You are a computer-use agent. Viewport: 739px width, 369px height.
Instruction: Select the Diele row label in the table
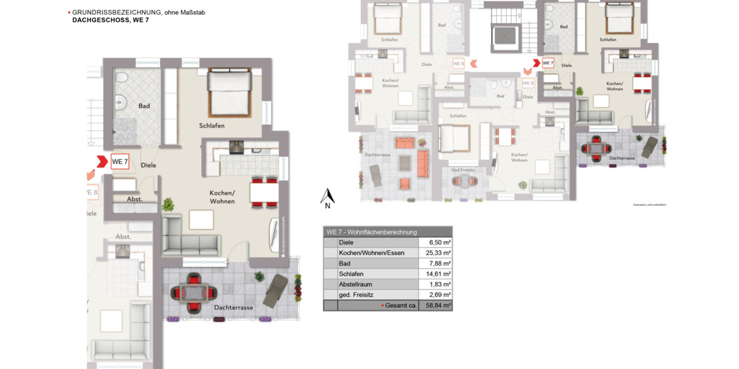tap(346, 242)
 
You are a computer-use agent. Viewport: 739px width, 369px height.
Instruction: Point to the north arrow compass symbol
tap(328, 197)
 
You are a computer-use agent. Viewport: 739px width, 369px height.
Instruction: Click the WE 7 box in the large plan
tap(119, 162)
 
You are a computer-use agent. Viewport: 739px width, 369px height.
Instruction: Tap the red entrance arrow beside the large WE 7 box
tap(99, 162)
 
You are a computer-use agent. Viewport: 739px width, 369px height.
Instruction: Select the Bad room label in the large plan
tap(144, 106)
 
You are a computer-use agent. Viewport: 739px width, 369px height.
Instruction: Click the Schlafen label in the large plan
tap(211, 125)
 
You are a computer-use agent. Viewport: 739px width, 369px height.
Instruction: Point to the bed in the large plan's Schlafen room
tap(230, 92)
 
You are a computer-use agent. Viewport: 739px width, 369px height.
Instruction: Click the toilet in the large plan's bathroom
tap(121, 77)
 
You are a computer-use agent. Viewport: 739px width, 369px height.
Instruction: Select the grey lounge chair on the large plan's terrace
tap(275, 290)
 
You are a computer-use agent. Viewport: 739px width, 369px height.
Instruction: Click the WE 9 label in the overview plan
tap(458, 63)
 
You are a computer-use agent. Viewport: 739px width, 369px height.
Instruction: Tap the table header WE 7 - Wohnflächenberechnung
tap(371, 232)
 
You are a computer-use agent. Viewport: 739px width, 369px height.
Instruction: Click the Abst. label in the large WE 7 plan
tap(134, 199)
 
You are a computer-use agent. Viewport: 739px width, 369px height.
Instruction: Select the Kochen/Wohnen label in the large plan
tap(222, 197)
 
